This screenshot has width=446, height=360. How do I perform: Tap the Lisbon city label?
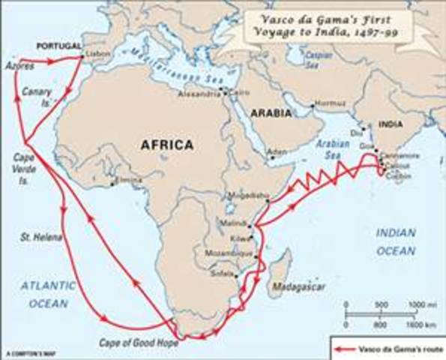click(x=97, y=55)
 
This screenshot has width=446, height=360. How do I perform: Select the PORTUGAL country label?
click(x=61, y=46)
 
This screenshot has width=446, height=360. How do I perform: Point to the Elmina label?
click(x=127, y=181)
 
